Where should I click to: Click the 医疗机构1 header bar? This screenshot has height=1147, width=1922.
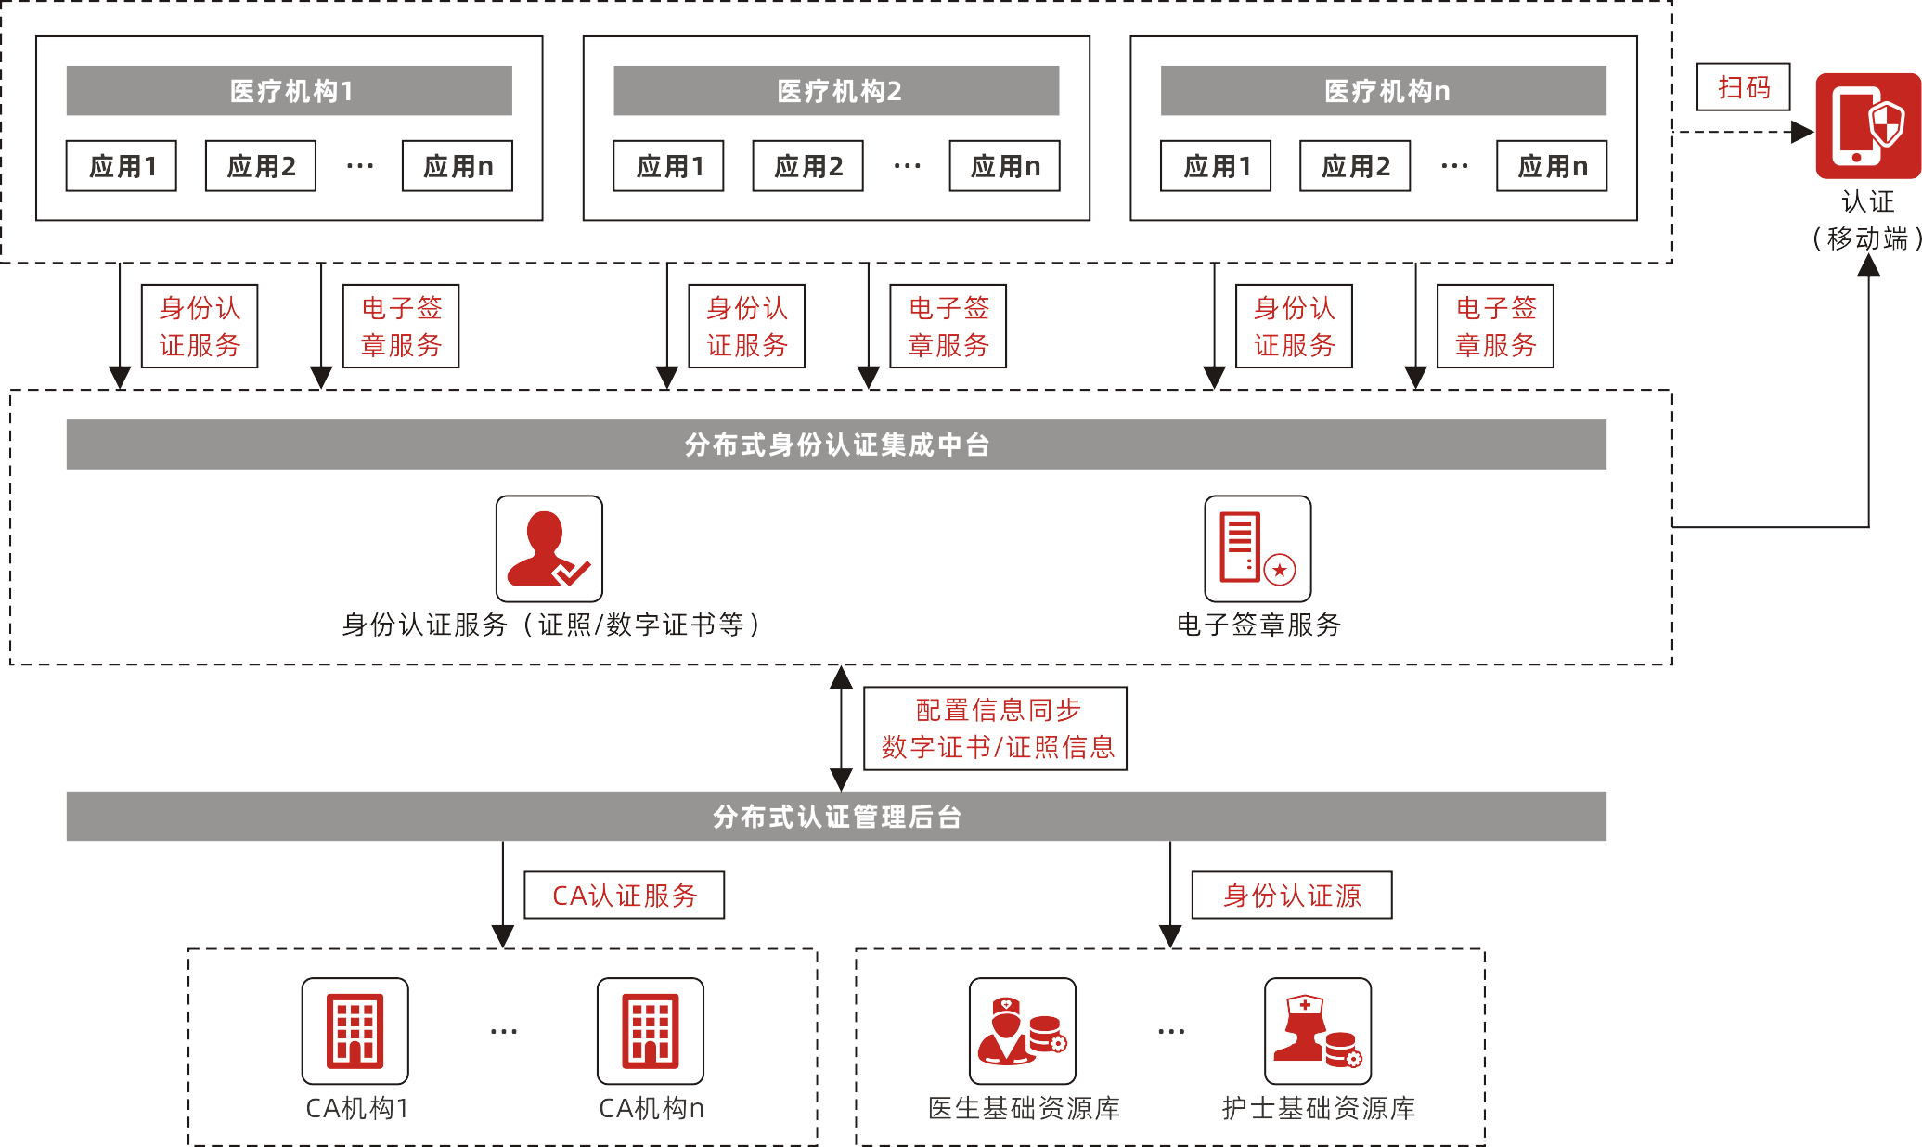289,91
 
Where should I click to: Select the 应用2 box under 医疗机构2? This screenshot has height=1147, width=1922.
807,166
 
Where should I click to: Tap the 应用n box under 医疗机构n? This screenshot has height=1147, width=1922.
1551,166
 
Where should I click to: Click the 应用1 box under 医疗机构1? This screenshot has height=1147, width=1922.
122,166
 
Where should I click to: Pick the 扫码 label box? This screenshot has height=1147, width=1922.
1743,87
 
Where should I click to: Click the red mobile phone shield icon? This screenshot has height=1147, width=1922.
1867,126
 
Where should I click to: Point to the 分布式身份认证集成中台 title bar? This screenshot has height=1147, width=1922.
836,445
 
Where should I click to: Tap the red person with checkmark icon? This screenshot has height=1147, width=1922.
549,548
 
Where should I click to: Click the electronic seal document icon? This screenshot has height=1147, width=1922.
1258,548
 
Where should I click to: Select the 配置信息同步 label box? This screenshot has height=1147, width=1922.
995,728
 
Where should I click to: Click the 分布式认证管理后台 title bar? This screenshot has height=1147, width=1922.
836,817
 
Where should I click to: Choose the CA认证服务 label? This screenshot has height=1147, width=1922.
625,896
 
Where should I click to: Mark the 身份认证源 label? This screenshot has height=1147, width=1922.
1292,896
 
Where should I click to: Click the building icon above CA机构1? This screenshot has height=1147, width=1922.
355,1031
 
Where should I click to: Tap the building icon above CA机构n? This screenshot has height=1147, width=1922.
651,1031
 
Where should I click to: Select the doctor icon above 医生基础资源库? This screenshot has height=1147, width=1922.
1023,1031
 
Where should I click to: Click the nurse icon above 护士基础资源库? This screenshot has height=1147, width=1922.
1318,1031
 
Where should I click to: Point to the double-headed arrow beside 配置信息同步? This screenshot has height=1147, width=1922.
842,728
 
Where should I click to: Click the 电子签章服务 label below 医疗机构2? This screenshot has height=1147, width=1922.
948,327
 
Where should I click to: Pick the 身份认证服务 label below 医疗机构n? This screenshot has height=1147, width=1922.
1294,327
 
